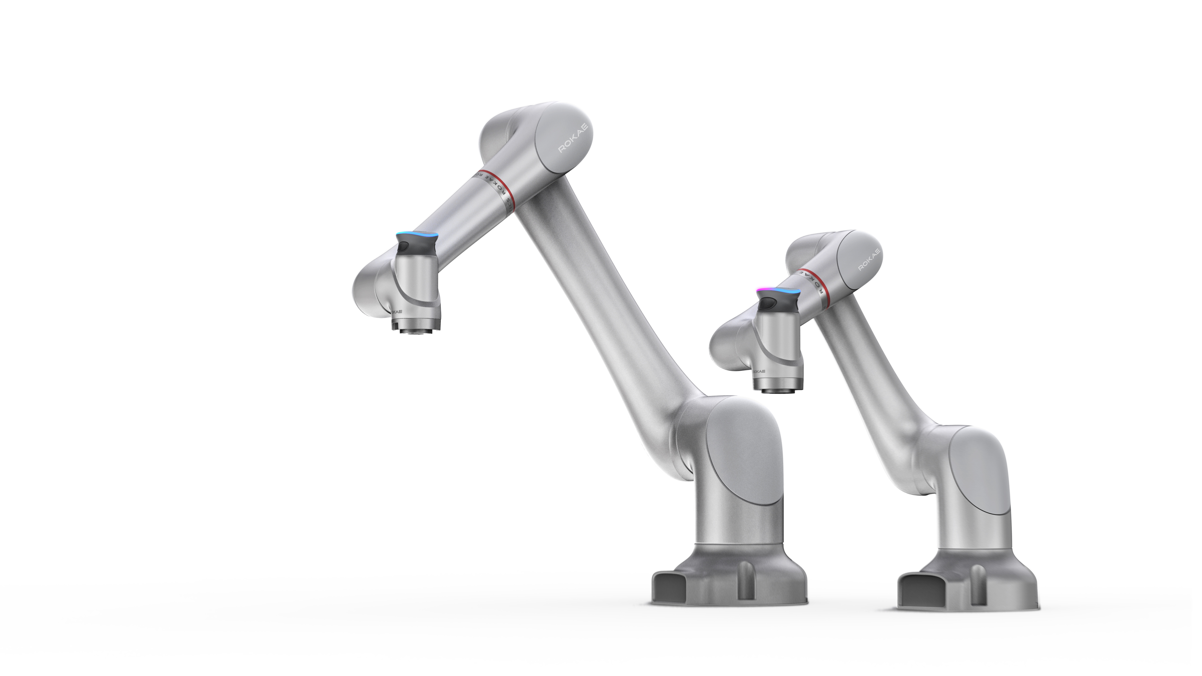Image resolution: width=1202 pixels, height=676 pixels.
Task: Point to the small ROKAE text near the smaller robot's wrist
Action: click(759, 371)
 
